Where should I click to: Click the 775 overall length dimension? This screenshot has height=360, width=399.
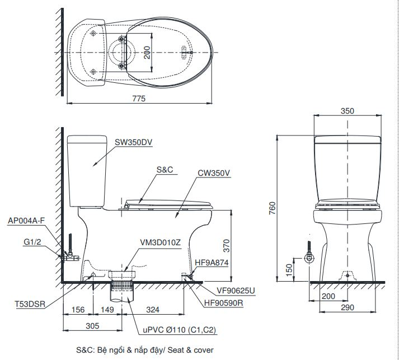(138, 98)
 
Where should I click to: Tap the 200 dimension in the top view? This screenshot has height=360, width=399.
(147, 53)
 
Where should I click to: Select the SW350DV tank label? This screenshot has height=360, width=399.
(133, 142)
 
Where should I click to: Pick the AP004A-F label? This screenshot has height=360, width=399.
(26, 221)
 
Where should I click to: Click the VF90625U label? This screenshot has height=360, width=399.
(236, 291)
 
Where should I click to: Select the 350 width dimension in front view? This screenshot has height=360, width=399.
(347, 111)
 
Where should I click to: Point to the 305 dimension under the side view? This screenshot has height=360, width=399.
(92, 325)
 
